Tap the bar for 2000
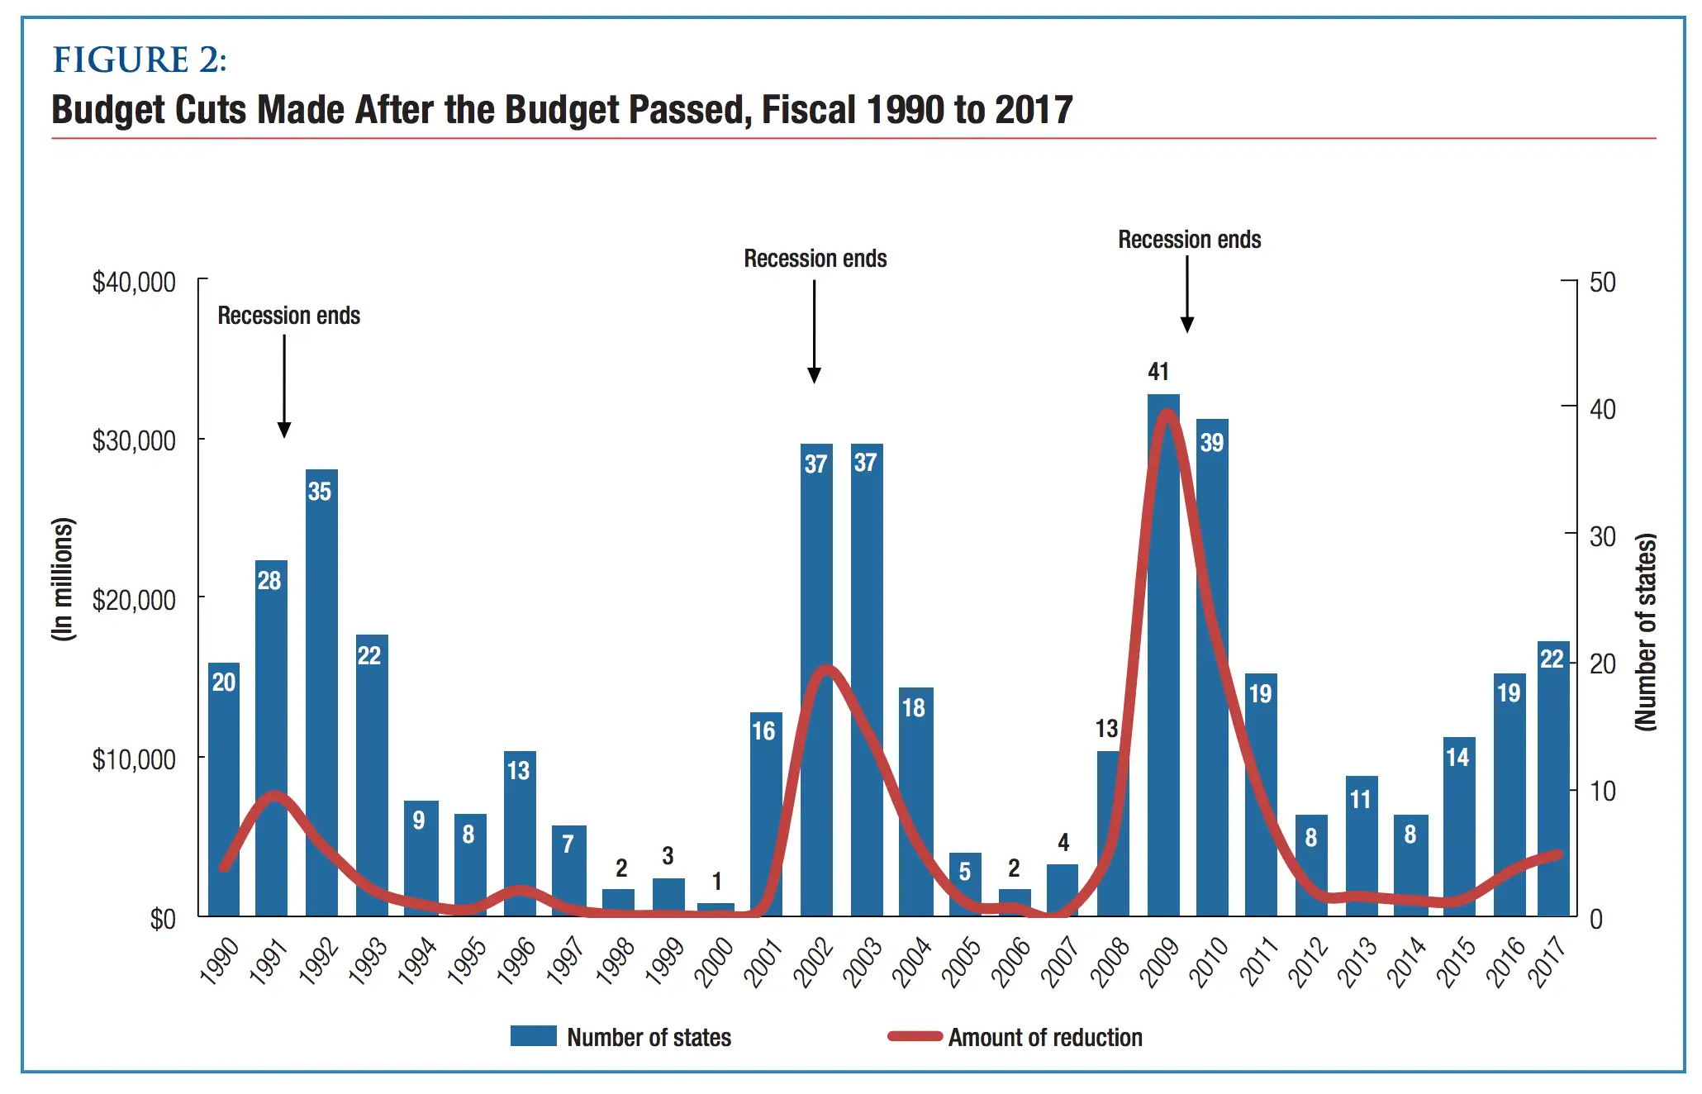716,909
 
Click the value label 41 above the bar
1158,372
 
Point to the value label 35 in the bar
320,492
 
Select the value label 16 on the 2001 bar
763,731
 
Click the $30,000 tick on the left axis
134,441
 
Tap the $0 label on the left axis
163,919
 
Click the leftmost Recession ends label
289,316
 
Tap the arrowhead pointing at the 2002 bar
814,375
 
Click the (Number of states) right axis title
1646,632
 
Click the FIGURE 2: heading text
140,60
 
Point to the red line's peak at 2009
1166,413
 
